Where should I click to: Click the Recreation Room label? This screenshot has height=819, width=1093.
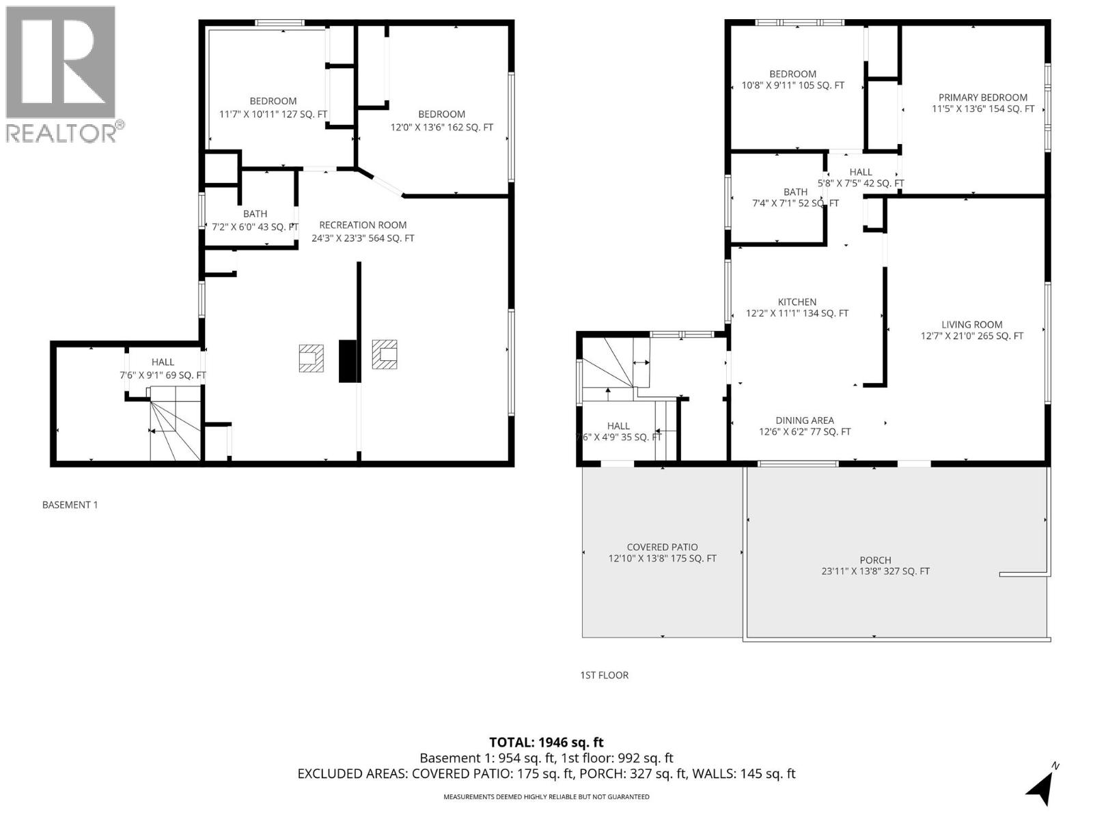click(x=363, y=225)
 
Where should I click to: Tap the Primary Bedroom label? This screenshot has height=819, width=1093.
click(x=982, y=98)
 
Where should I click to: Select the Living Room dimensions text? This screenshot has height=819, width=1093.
click(x=971, y=336)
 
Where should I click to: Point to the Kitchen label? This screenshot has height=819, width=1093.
click(x=797, y=302)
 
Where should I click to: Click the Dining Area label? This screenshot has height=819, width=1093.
click(x=804, y=420)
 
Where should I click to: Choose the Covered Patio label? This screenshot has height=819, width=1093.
click(x=662, y=547)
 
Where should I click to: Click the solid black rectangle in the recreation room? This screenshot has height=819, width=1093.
click(x=348, y=360)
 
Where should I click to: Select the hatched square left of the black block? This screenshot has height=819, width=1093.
click(x=311, y=358)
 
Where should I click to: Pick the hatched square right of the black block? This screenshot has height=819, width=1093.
click(x=384, y=354)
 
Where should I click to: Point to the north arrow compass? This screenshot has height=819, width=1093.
click(x=1041, y=785)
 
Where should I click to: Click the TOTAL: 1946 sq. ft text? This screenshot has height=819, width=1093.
click(x=546, y=742)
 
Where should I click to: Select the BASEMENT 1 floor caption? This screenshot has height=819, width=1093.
click(x=70, y=505)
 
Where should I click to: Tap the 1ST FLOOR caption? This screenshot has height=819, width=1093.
click(x=604, y=675)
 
